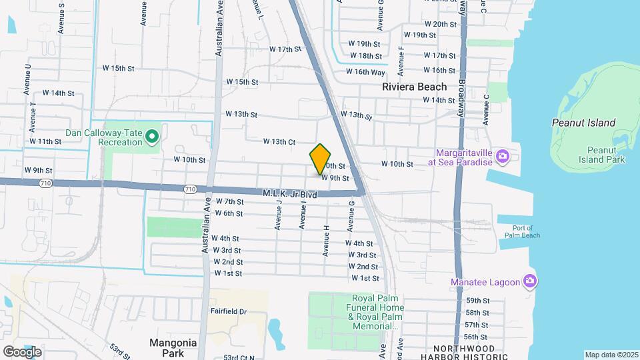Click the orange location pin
(321, 159)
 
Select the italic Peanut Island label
(583, 123)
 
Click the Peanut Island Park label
(605, 155)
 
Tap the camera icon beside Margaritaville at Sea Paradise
(503, 157)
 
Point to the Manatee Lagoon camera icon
(530, 281)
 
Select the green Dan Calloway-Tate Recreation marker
(152, 137)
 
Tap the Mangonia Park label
(173, 347)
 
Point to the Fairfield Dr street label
(229, 311)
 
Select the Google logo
(22, 351)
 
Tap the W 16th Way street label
(365, 72)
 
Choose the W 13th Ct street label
(279, 142)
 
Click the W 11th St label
(45, 142)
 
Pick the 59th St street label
(477, 301)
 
